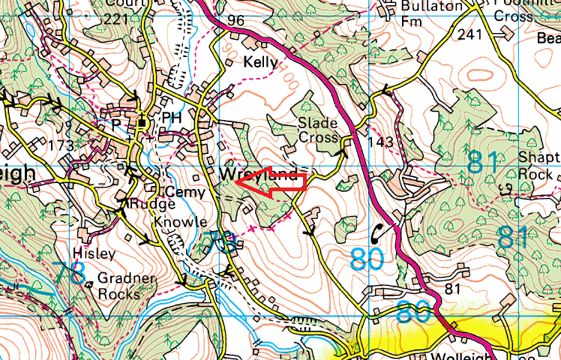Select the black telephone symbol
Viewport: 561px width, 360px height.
tap(380, 230)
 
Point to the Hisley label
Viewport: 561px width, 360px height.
tap(94, 253)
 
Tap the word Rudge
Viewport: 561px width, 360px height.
tap(151, 204)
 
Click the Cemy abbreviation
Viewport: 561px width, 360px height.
tap(184, 192)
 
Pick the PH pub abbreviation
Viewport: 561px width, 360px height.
tap(172, 118)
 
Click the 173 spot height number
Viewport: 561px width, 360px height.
tap(61, 145)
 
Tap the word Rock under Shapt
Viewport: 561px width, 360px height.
tap(535, 174)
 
